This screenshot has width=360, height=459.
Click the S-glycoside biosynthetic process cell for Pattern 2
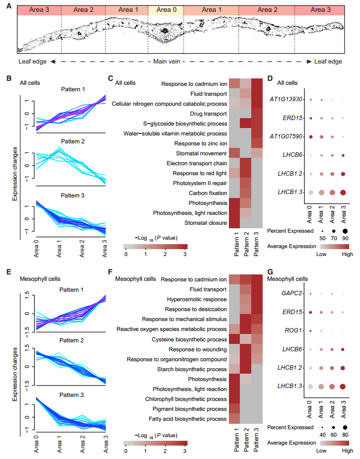point(245,123)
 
